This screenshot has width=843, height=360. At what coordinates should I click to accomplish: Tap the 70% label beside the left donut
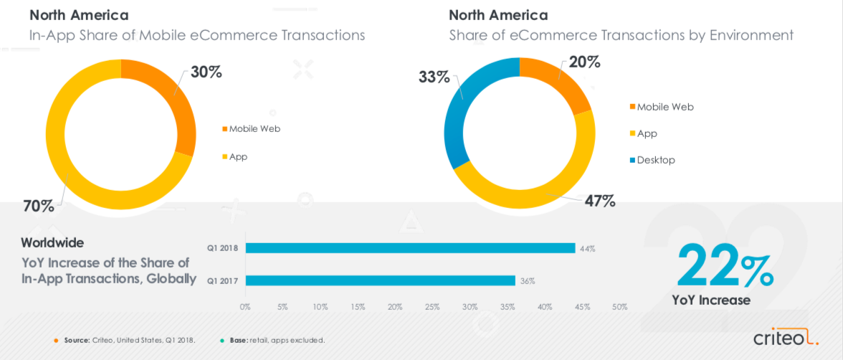[x=38, y=206]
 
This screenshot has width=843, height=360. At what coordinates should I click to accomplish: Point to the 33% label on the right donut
[x=434, y=76]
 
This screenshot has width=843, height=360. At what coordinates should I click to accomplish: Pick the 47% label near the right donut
[x=600, y=200]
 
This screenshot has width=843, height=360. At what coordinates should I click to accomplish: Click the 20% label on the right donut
[x=585, y=62]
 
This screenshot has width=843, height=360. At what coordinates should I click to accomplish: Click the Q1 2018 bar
[x=410, y=248]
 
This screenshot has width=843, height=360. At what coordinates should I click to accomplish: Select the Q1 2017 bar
[x=380, y=280]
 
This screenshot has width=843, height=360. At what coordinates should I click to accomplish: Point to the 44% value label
[x=588, y=248]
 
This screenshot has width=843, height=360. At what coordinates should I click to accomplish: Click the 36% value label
[x=528, y=280]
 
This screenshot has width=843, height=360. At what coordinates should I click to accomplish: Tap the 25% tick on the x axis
[x=432, y=307]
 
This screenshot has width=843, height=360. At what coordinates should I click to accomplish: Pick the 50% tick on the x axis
[x=619, y=307]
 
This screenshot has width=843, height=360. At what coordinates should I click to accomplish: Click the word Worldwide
[x=52, y=242]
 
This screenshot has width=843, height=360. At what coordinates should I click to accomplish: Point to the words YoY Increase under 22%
[x=711, y=300]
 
